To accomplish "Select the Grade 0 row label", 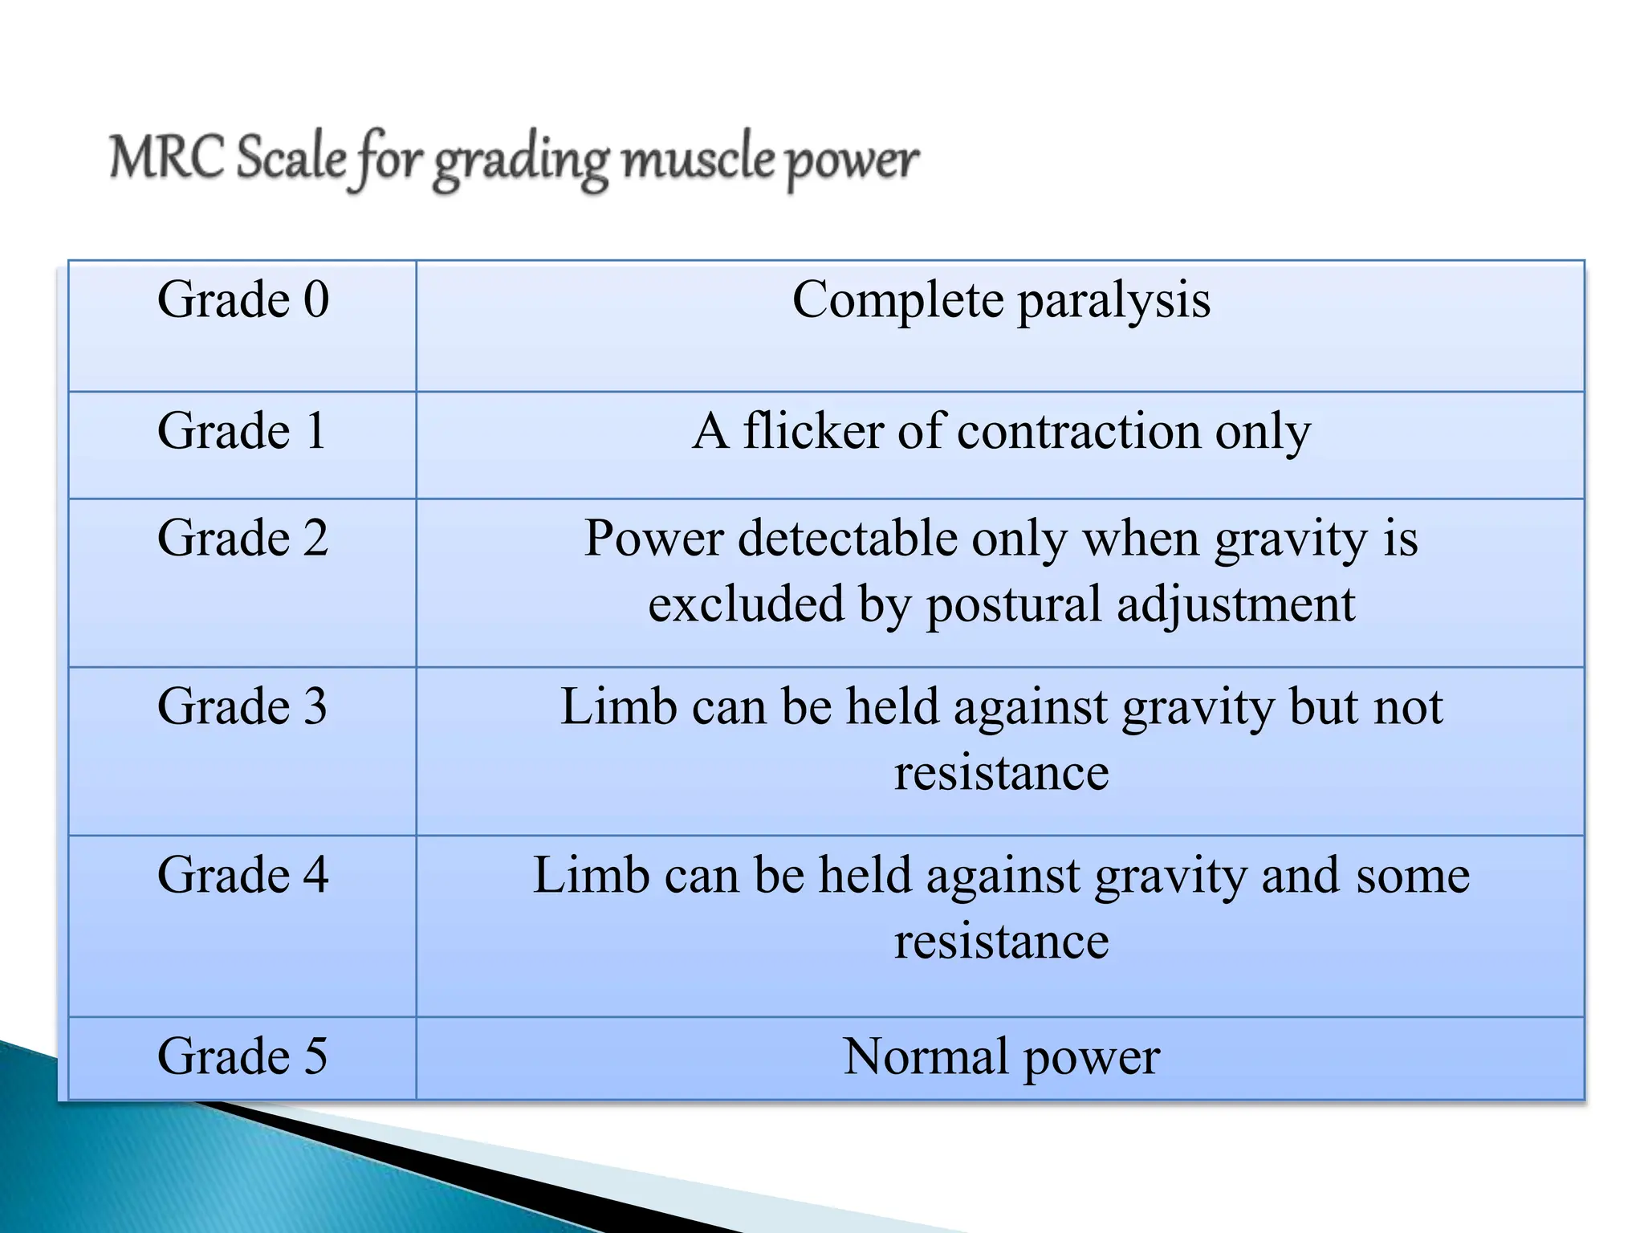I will pos(243,300).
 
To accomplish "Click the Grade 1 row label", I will pos(242,431).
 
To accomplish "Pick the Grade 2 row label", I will pos(243,538).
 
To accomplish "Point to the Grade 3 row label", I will pos(242,706).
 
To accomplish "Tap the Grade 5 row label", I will pos(242,1056).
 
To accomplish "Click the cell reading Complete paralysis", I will pos(1001,300).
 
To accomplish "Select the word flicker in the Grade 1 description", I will pos(812,431).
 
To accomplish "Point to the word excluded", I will pos(746,604).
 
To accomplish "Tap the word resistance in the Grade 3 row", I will pos(1001,772).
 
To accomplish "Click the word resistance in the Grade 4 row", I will pos(1001,941).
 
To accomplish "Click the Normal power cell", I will pos(1001,1056).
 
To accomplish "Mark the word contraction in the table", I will pos(1079,431).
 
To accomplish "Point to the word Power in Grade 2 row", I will pos(653,538).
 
